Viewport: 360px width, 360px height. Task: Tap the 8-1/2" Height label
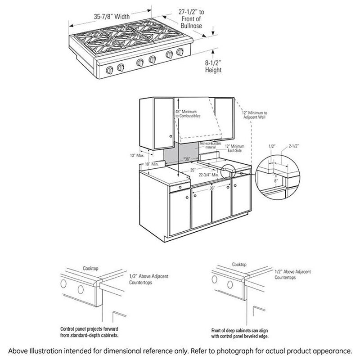(211, 67)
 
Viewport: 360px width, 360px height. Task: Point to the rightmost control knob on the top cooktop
(181, 53)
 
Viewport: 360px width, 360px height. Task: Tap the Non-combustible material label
(204, 144)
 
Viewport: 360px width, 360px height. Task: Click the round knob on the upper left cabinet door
(171, 136)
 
